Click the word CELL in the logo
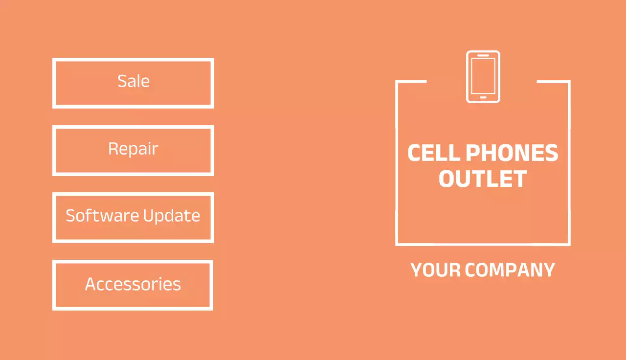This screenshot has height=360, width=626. point(433,153)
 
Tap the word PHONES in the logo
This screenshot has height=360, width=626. point(512,153)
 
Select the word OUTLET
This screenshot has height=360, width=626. point(483,179)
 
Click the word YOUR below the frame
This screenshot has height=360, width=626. point(435,270)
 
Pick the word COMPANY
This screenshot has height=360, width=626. point(510,270)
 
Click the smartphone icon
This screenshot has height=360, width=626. point(483,77)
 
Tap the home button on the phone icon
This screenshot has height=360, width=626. point(483,97)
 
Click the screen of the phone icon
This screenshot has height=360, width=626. point(483,76)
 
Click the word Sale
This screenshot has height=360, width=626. point(134,81)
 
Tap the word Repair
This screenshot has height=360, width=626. point(133,148)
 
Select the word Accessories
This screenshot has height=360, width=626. point(133,284)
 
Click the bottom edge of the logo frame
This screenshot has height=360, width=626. point(483,244)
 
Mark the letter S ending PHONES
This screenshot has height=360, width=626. point(551,153)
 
